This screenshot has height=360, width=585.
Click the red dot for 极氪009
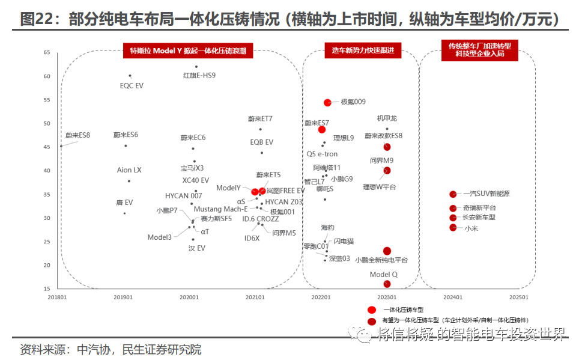327,102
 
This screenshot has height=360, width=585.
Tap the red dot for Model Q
387,284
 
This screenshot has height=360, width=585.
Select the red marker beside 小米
453,227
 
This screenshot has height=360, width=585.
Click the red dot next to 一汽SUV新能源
453,194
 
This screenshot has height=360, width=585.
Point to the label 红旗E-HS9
199,76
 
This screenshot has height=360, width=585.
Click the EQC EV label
132,85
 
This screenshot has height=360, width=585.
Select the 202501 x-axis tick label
518,297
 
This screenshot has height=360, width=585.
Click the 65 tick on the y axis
47,52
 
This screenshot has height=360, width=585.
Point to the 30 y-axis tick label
47,218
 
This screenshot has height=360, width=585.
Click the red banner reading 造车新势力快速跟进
359,51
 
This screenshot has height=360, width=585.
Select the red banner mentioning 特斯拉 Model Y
187,51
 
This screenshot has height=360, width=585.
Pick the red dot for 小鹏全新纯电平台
387,251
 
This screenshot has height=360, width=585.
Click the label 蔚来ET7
260,119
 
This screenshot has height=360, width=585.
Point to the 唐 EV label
124,203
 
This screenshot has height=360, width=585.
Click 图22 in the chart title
38,20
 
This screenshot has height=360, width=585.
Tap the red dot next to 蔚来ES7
322,129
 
